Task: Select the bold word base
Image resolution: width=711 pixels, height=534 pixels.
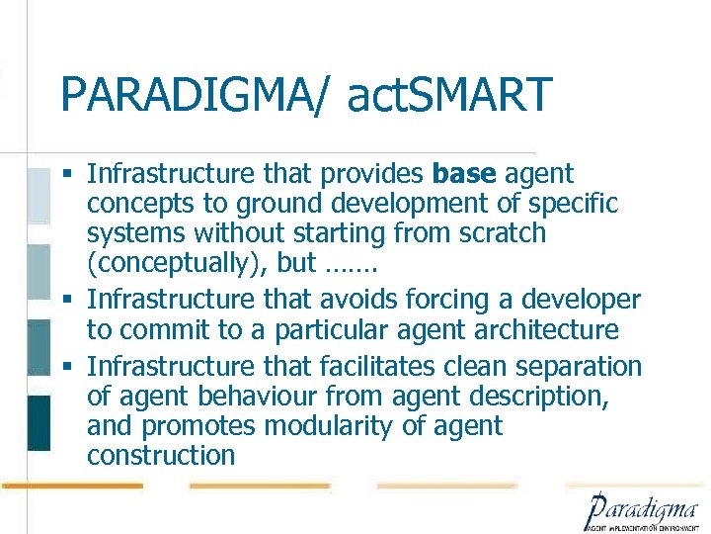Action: [465, 175]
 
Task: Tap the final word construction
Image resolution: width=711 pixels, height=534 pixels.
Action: [161, 456]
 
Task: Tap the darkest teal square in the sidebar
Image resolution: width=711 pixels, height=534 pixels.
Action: [39, 422]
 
